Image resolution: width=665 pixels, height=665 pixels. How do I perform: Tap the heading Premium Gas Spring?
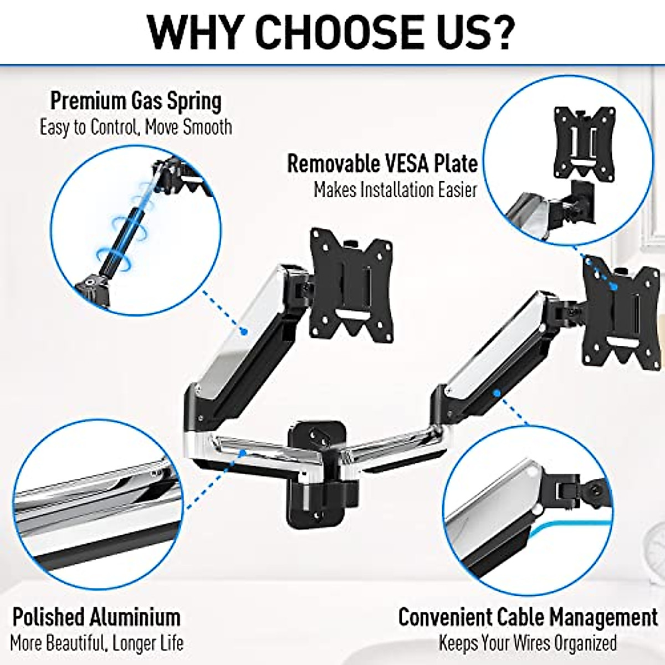(136, 101)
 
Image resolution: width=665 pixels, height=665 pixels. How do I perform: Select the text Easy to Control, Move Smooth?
(136, 127)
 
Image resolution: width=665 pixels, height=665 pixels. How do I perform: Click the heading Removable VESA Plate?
(382, 163)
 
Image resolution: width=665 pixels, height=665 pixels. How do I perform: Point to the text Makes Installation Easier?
(395, 190)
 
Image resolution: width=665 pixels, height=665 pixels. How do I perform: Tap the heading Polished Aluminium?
(96, 617)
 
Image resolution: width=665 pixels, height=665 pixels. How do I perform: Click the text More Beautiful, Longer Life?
(96, 643)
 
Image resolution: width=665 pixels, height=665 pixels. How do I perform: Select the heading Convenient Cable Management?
(528, 617)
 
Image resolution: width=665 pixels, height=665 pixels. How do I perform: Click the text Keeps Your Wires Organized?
(528, 643)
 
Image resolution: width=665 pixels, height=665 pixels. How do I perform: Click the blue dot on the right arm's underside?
(497, 393)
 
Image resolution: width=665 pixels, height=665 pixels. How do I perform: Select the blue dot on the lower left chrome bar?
(242, 452)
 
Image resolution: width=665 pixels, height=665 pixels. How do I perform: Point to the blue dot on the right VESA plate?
(614, 286)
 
